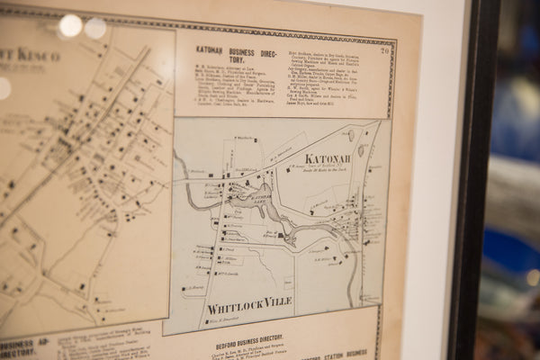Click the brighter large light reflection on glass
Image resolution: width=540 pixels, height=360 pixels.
(70, 25)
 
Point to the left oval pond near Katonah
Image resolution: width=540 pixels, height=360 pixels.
(351, 135)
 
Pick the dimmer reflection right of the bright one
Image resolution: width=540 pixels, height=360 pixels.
(95, 28)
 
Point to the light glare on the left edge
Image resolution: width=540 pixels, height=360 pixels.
(4, 88)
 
